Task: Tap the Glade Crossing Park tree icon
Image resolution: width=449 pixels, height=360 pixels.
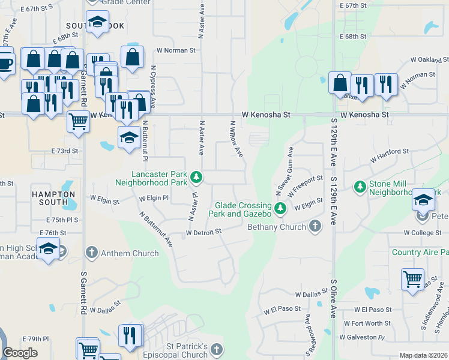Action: click(x=280, y=209)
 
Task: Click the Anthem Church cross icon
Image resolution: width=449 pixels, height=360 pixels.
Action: click(x=91, y=253)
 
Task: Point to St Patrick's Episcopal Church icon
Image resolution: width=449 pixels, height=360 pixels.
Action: click(x=216, y=349)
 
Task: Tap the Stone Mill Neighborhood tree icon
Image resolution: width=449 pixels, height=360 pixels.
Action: click(x=360, y=187)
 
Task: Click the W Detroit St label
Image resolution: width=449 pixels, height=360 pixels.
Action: click(x=203, y=232)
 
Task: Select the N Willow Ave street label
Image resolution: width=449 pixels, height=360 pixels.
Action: click(x=236, y=139)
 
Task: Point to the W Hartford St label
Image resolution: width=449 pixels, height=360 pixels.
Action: click(x=389, y=158)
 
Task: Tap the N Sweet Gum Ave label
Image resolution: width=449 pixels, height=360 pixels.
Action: click(x=285, y=170)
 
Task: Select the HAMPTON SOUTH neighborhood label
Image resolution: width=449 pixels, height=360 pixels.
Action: click(x=54, y=199)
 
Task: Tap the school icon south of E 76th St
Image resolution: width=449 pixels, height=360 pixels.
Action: click(x=48, y=247)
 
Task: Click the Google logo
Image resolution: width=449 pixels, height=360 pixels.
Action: click(x=20, y=353)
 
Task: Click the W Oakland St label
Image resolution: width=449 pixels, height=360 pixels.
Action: click(x=429, y=60)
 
